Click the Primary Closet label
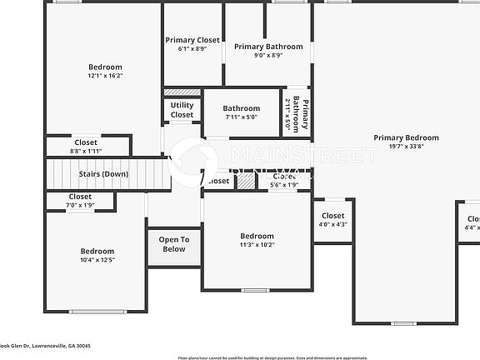tap(192, 40)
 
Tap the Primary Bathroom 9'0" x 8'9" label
tap(267, 47)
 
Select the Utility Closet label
tap(182, 110)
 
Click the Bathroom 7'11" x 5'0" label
tap(241, 108)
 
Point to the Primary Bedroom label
tap(406, 137)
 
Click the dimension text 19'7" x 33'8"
tap(406, 147)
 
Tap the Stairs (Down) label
tap(103, 174)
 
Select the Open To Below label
tap(174, 244)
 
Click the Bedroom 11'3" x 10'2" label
tap(257, 236)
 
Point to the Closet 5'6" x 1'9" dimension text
tap(284, 185)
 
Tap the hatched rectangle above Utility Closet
tap(182, 92)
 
